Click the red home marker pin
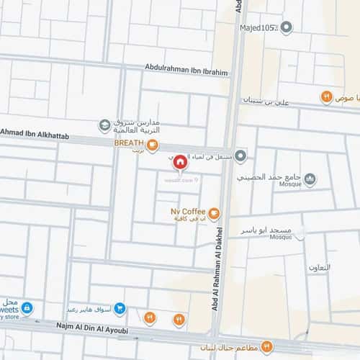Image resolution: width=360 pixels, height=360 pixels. [179, 163]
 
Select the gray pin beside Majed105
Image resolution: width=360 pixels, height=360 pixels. [287, 28]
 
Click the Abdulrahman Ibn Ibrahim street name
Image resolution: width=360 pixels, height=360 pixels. [186, 72]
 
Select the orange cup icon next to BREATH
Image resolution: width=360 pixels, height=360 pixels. [153, 145]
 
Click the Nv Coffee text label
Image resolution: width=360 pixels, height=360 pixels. [187, 212]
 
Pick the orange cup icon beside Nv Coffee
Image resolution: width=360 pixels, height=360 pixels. [215, 212]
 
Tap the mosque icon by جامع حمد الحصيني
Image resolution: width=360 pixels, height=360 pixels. [310, 179]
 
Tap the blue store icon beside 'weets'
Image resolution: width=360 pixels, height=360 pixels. [27, 308]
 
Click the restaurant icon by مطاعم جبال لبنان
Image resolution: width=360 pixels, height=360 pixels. [266, 347]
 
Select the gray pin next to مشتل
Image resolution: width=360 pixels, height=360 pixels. [240, 155]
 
